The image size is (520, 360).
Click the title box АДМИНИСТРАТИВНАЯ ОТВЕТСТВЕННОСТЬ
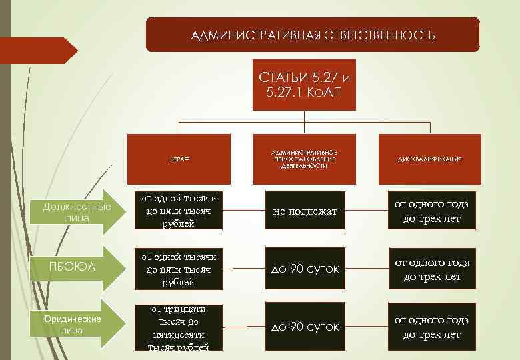point(312,35)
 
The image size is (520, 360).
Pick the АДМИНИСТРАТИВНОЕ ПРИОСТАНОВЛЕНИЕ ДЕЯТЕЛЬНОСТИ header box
point(303,159)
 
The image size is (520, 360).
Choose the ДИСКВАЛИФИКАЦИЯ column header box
point(430,159)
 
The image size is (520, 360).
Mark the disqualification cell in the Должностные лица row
point(432,211)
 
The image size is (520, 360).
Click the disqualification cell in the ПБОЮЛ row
point(432,269)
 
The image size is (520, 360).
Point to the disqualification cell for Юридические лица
point(432,327)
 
